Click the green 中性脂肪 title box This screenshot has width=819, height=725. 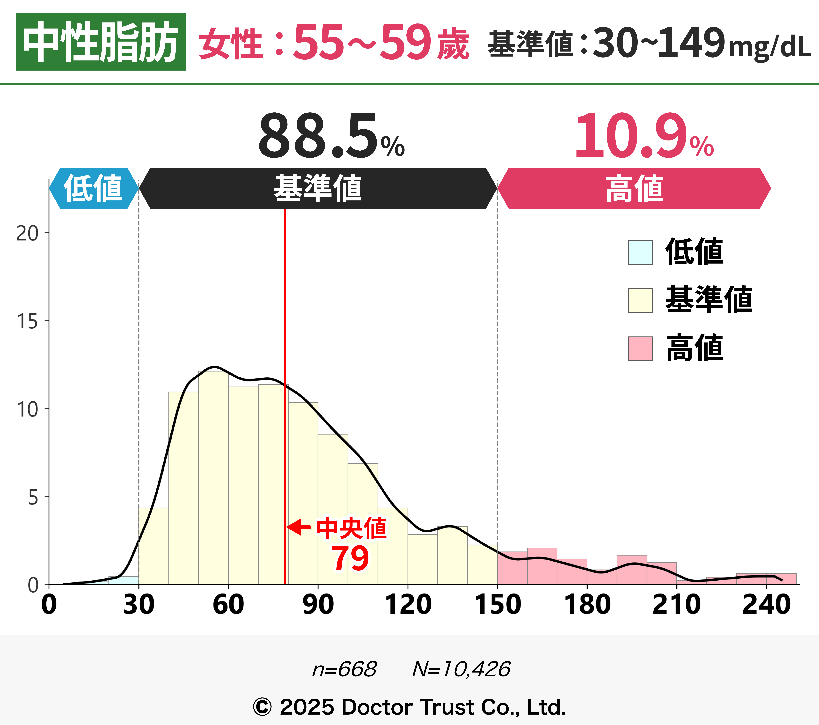click(x=101, y=42)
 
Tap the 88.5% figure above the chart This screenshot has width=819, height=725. click(x=331, y=136)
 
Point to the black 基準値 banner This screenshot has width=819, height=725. click(x=318, y=188)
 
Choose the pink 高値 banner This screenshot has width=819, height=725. click(x=634, y=188)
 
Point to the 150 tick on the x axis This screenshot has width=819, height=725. click(x=498, y=604)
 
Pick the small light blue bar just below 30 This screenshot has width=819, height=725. click(x=123, y=580)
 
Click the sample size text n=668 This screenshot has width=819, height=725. click(x=344, y=669)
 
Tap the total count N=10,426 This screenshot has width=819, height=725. click(x=461, y=669)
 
